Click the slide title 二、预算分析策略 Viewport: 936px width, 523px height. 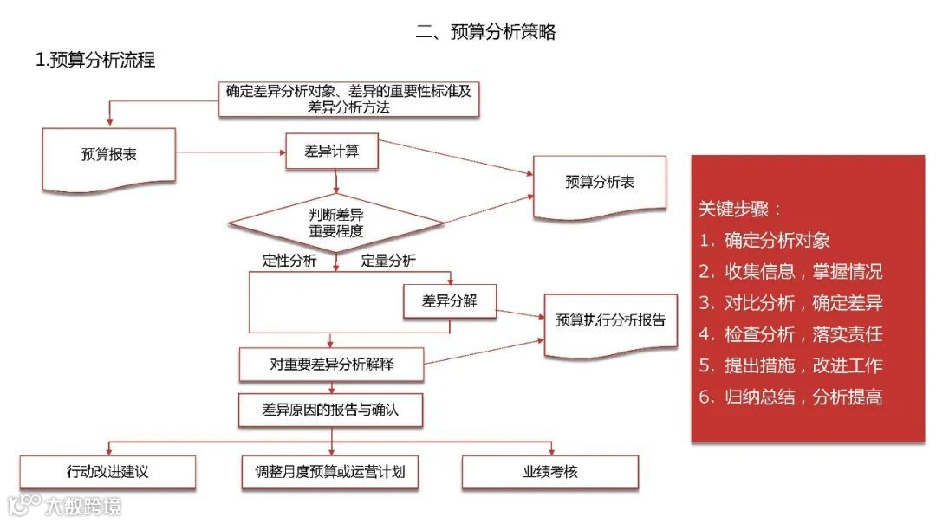point(485,33)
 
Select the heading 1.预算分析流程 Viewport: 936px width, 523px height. point(95,61)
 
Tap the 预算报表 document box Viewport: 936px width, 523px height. point(109,155)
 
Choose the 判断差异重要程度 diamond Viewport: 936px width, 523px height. point(336,223)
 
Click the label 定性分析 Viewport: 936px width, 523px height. point(289,261)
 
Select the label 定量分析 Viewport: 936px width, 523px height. point(388,261)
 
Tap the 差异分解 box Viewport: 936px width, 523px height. point(449,301)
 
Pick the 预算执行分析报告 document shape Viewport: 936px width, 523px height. point(610,320)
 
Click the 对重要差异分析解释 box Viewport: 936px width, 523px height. point(331,365)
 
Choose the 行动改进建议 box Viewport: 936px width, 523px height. point(107,472)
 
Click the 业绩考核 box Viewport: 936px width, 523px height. point(549,472)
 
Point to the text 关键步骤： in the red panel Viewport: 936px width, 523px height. point(740,209)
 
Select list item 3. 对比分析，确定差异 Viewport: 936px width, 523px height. point(790,303)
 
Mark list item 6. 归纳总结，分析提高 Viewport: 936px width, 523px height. point(790,397)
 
